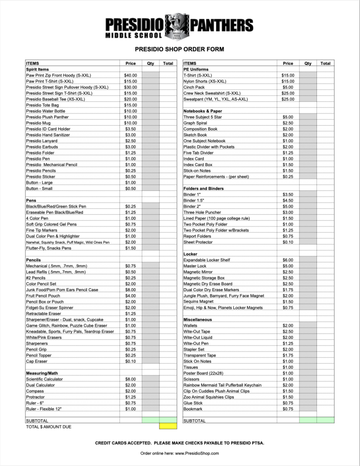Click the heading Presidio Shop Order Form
179,50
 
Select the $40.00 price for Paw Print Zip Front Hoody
131,75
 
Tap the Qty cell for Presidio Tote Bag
150,105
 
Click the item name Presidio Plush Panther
50,117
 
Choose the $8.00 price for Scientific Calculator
131,379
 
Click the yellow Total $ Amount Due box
168,426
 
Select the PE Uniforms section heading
196,69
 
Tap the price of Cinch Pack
288,87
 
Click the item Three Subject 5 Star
203,117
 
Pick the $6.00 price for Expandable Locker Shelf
288,260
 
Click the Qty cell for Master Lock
308,266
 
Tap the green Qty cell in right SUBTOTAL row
308,420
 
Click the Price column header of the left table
131,63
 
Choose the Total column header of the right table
326,63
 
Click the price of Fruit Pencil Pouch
131,296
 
